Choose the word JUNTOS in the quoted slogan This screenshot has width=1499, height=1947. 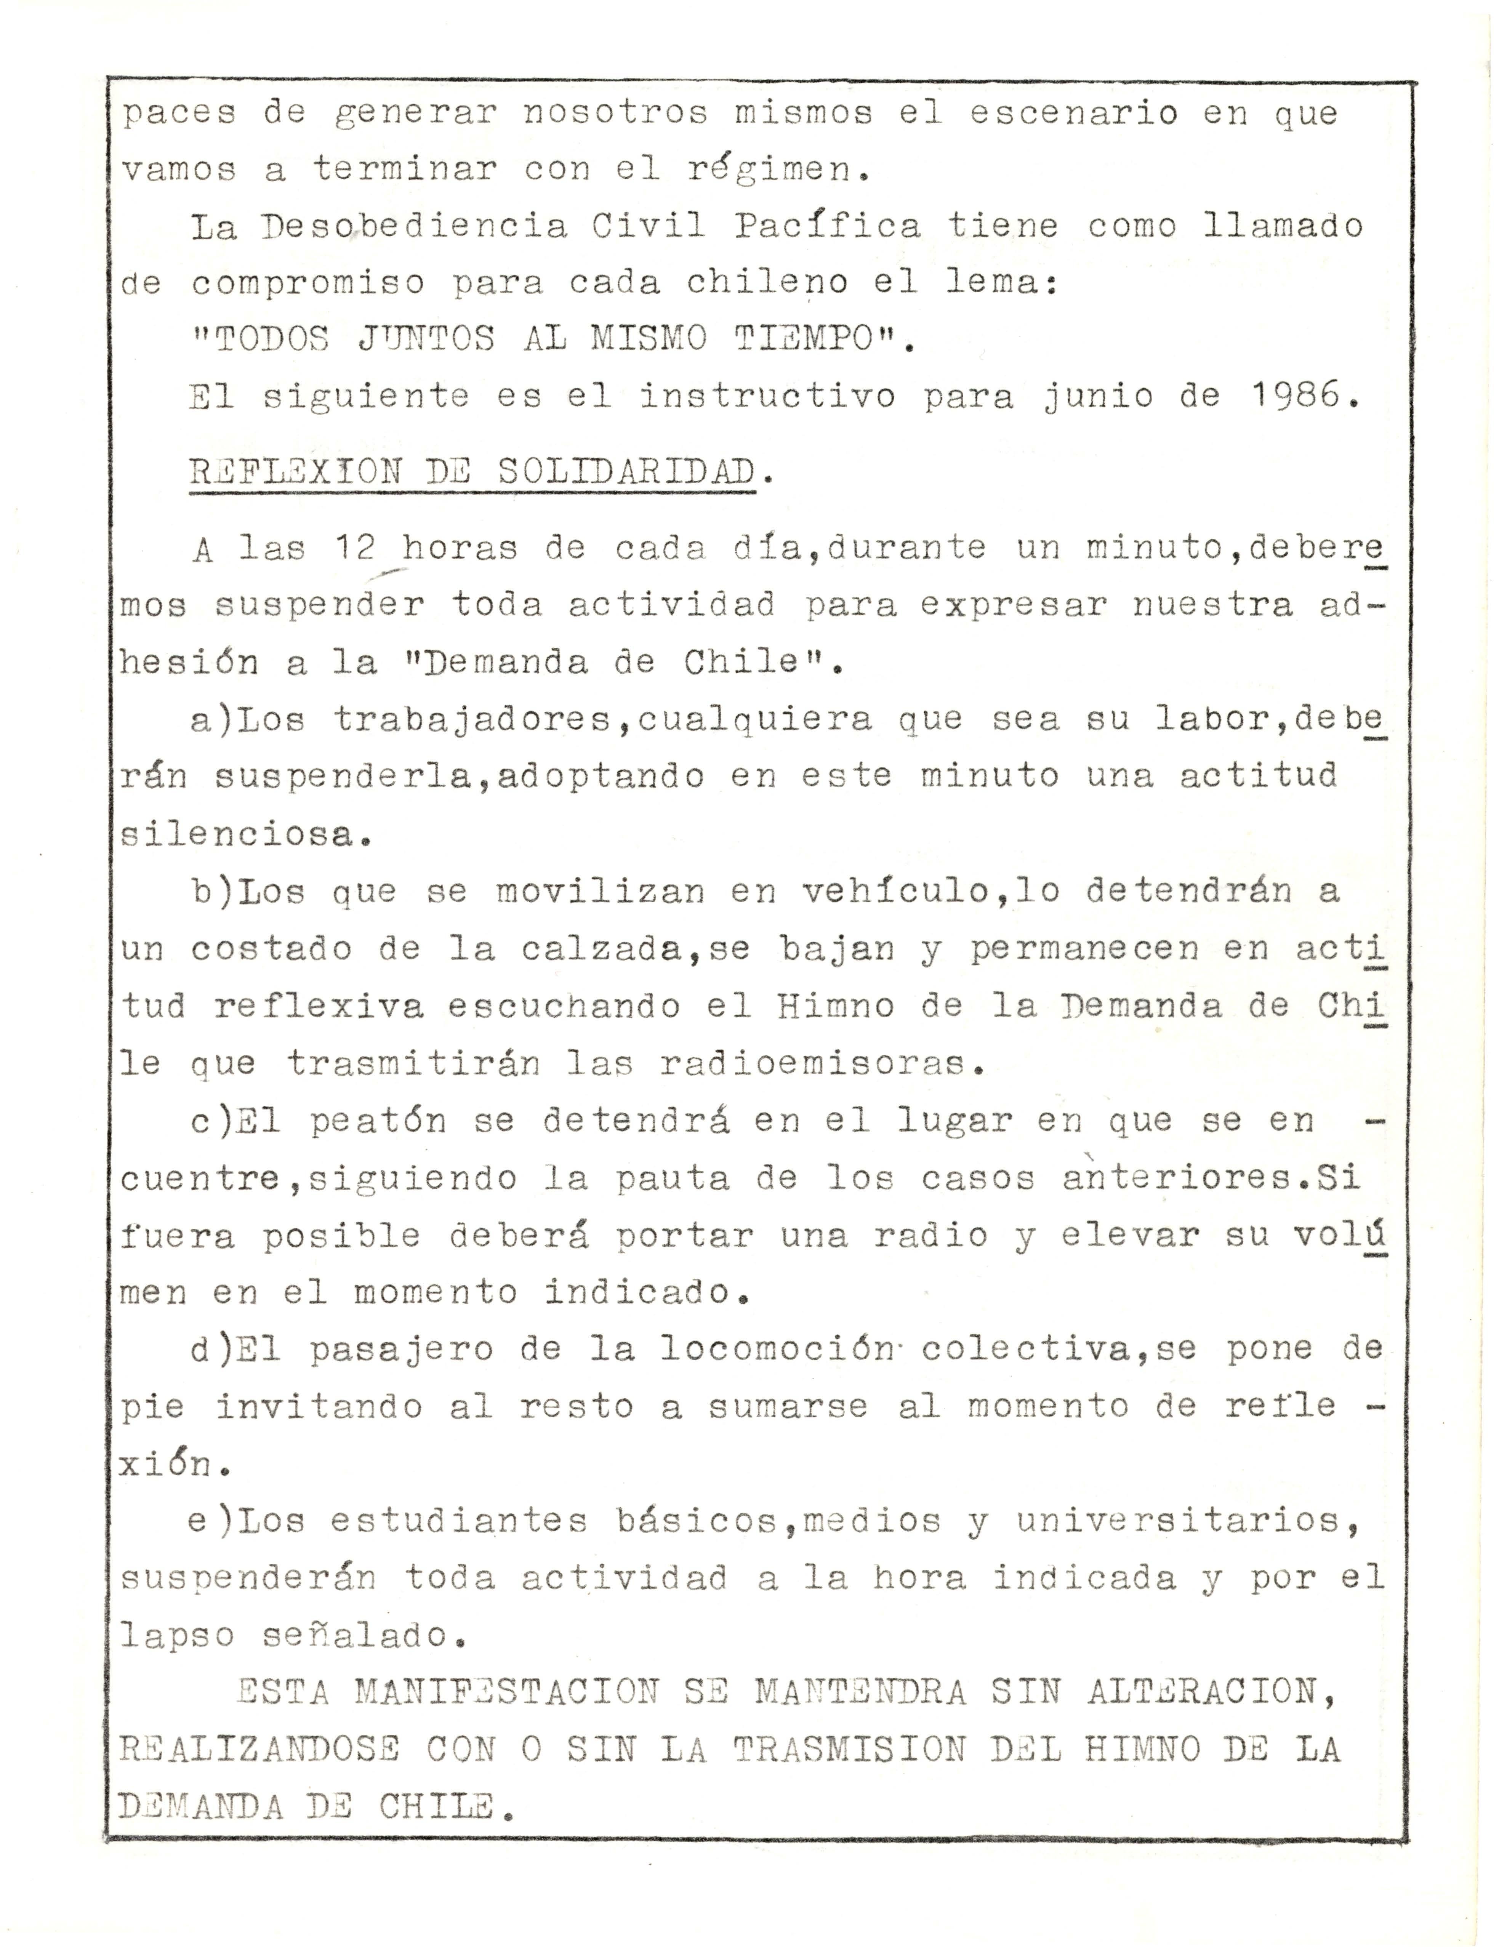coord(426,339)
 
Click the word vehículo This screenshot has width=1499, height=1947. coord(894,890)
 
